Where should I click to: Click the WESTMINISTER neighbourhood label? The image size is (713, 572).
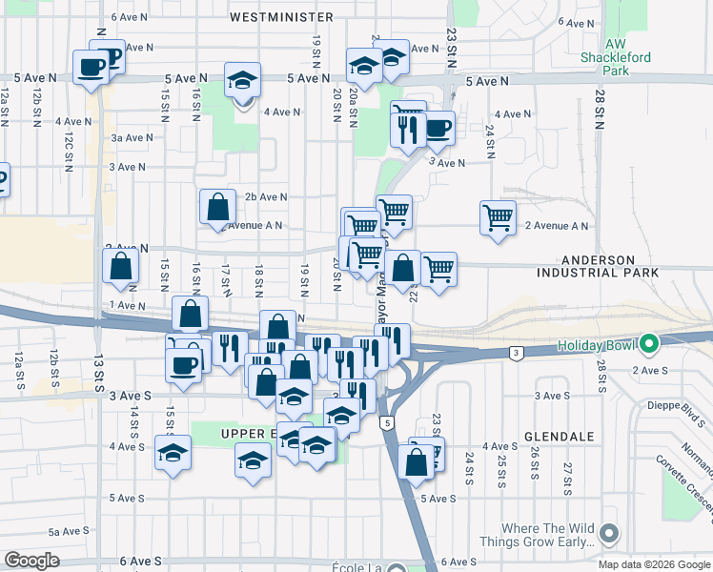[x=281, y=17]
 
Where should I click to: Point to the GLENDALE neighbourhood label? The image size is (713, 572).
[x=559, y=436]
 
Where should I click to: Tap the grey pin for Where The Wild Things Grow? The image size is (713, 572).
[x=610, y=535]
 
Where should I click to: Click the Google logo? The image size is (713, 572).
[x=31, y=561]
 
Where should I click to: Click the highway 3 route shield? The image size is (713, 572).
[x=516, y=353]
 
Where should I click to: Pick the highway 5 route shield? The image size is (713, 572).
[x=385, y=422]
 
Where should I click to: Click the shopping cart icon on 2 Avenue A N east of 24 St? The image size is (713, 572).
[x=498, y=218]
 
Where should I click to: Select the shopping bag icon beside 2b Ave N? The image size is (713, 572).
[x=218, y=206]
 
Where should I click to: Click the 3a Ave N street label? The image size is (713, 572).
[x=127, y=137]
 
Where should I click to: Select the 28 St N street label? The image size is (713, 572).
[x=601, y=111]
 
